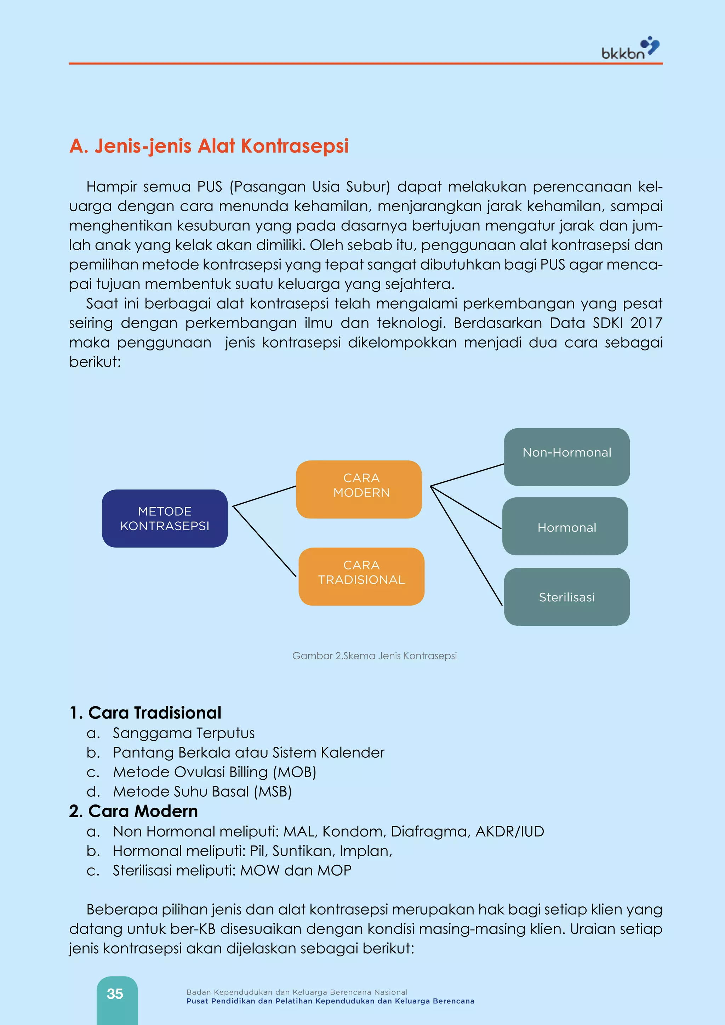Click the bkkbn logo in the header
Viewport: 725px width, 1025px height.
pyautogui.click(x=630, y=49)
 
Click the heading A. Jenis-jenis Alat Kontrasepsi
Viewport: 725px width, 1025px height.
pyautogui.click(x=209, y=146)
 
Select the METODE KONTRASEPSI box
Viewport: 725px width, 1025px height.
pyautogui.click(x=165, y=518)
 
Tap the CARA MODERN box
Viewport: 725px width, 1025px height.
pyautogui.click(x=359, y=489)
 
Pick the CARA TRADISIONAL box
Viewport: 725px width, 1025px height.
pyautogui.click(x=361, y=576)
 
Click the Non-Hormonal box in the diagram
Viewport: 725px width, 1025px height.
pyautogui.click(x=566, y=457)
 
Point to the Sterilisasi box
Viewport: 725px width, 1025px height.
pyautogui.click(x=566, y=596)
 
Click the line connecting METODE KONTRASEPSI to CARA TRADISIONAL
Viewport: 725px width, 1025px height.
pyautogui.click(x=265, y=542)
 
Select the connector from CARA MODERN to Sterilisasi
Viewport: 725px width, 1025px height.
pyautogui.click(x=467, y=545)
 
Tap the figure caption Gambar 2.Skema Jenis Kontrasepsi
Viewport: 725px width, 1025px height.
pyautogui.click(x=374, y=656)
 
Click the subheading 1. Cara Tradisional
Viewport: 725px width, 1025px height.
pyautogui.click(x=145, y=712)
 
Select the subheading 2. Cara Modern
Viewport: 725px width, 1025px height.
pyautogui.click(x=133, y=811)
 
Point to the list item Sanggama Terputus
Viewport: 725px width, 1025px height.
pyautogui.click(x=183, y=733)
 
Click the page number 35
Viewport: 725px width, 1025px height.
pyautogui.click(x=115, y=994)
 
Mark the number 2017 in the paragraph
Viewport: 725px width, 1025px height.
pyautogui.click(x=646, y=323)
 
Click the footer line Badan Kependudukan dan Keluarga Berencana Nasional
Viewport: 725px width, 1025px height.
pyautogui.click(x=297, y=992)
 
